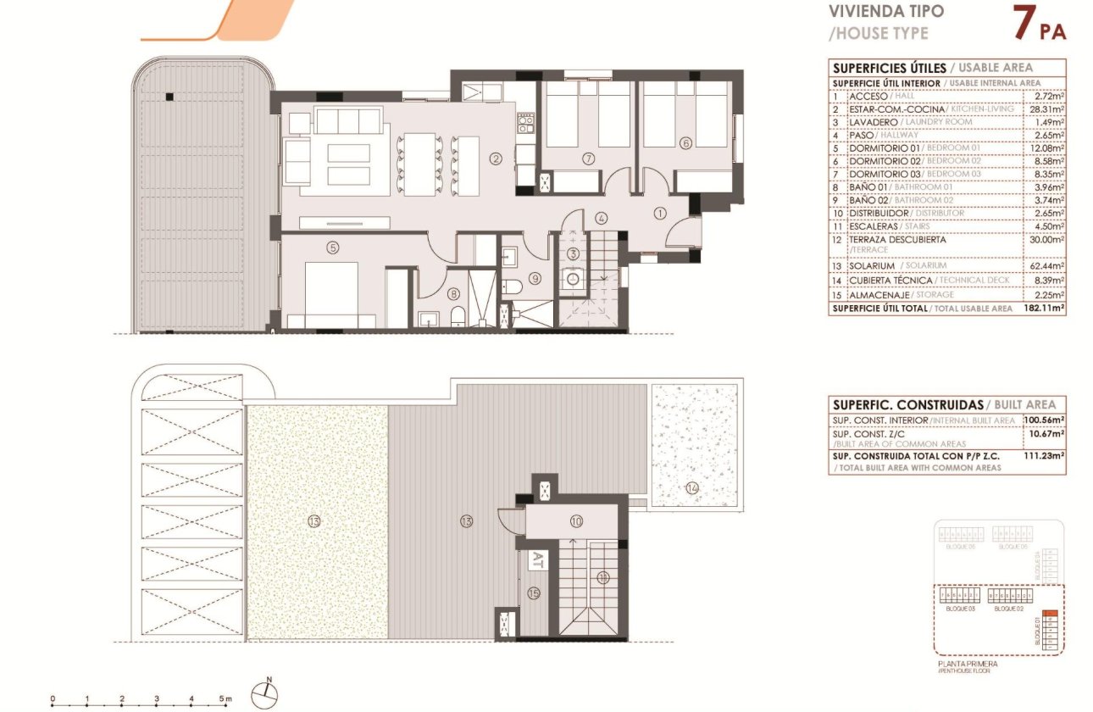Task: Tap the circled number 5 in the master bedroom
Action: (333, 248)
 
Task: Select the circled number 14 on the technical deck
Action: (692, 487)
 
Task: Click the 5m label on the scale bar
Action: (226, 699)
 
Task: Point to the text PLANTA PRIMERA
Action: (967, 664)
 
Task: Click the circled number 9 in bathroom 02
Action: (535, 277)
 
